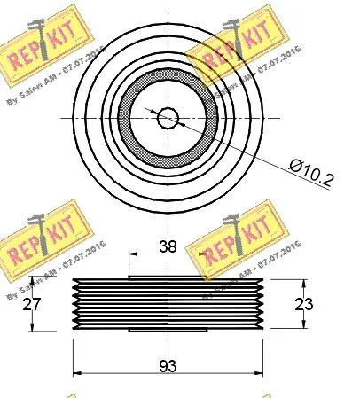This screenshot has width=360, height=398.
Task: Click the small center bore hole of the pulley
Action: point(167,116)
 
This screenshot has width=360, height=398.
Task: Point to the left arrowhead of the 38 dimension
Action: point(134,255)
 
